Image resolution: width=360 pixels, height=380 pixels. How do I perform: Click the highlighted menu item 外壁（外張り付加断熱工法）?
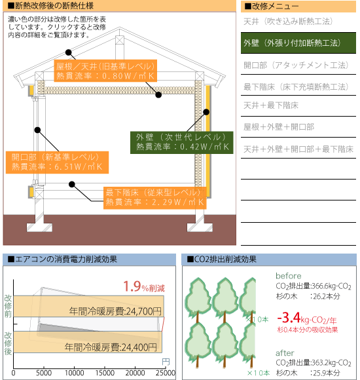coord(298,43)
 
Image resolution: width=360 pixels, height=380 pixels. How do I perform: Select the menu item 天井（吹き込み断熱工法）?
coord(288,22)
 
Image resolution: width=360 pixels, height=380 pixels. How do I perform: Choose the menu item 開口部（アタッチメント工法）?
coord(296,65)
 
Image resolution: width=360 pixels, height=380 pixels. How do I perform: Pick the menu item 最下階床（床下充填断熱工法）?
coord(296,86)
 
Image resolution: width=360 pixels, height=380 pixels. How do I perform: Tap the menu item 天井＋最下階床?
coord(271,105)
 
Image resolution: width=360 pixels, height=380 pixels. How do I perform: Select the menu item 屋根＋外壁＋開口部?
coord(279,126)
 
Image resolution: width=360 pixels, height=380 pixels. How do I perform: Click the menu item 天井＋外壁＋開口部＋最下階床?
coord(298,149)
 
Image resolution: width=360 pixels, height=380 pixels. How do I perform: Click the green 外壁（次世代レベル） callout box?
coord(182,143)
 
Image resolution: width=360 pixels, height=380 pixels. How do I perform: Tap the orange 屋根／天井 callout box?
coord(105,71)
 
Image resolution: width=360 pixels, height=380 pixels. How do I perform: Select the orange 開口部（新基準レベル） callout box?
coord(57,162)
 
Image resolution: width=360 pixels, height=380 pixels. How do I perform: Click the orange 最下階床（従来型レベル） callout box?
coord(155,198)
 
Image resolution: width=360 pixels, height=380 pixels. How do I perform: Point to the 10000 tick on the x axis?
coord(75,373)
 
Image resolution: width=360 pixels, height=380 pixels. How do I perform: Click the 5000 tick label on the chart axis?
coord(44,373)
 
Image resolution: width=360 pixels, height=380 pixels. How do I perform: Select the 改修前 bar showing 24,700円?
coord(88,306)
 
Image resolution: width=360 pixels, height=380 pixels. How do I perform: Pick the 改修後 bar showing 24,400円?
coord(88,342)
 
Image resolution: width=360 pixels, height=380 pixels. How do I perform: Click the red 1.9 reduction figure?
coord(132,286)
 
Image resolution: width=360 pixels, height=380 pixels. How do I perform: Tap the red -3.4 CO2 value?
coord(289,318)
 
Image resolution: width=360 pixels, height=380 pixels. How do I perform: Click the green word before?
coord(289,276)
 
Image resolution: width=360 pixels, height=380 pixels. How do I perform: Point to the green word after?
coord(285,353)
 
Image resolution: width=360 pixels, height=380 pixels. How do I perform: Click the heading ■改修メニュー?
coord(271,7)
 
